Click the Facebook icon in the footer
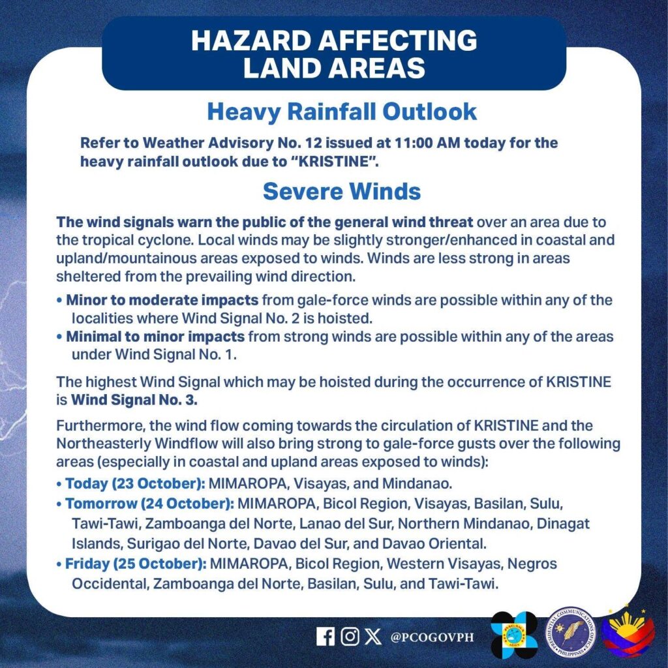(325, 636)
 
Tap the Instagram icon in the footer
(350, 636)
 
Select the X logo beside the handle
(373, 636)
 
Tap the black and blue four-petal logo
(514, 635)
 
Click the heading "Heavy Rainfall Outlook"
(342, 112)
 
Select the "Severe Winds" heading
(341, 192)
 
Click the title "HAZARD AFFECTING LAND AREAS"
(334, 53)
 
